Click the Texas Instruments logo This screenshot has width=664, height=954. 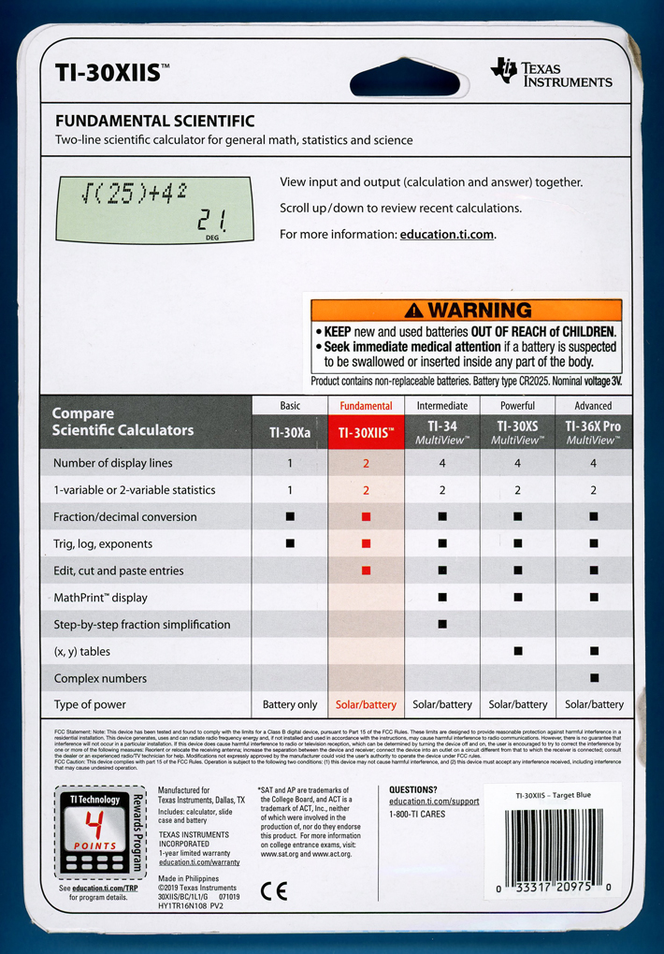coord(552,73)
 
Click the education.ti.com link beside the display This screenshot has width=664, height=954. coord(445,234)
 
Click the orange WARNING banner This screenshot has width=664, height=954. coord(466,310)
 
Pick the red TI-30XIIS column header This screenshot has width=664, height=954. coord(366,432)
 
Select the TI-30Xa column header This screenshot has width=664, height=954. coord(290,432)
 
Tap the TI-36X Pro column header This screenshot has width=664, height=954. coord(593,432)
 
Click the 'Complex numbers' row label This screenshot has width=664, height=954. coord(101,678)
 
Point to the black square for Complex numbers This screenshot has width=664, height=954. coord(594,678)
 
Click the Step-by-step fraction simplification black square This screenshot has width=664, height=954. coord(442,624)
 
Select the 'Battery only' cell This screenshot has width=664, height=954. coord(290,704)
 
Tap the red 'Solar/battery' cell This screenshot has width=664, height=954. coord(366,704)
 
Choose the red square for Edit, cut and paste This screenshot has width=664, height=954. coord(366,571)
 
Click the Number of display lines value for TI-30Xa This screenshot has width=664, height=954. coord(290,463)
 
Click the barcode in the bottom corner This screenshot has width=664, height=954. coord(556,846)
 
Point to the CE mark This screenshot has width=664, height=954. coord(274,890)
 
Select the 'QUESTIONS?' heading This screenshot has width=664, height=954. coord(412,789)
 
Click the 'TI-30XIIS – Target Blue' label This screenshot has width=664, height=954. coord(554,796)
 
